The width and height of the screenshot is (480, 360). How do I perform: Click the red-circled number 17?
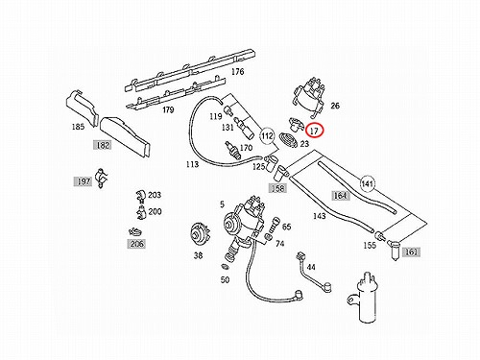point(315,131)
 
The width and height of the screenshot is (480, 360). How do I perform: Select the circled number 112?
point(267,136)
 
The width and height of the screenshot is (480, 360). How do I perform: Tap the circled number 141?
point(368,184)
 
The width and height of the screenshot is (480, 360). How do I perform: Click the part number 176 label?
point(237,72)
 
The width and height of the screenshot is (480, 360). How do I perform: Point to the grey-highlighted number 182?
point(103,145)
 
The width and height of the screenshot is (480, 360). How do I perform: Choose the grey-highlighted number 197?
point(84,181)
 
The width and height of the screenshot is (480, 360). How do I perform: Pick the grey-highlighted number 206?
point(136,244)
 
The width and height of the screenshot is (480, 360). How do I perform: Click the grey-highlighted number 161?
point(411,252)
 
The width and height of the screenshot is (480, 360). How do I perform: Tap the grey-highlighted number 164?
point(340,196)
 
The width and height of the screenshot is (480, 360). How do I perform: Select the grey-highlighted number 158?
point(277,188)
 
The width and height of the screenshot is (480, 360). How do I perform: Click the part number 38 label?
point(198,255)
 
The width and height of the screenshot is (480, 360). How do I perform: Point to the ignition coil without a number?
point(364,298)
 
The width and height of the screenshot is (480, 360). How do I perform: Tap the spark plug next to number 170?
point(232,150)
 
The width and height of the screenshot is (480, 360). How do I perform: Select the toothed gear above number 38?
point(200,236)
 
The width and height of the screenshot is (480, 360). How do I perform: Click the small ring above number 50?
point(225,266)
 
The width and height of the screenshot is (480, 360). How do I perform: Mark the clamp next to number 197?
point(102,178)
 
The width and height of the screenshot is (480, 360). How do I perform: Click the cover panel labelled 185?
point(82,108)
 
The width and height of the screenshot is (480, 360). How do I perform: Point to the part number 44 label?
point(311,267)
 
